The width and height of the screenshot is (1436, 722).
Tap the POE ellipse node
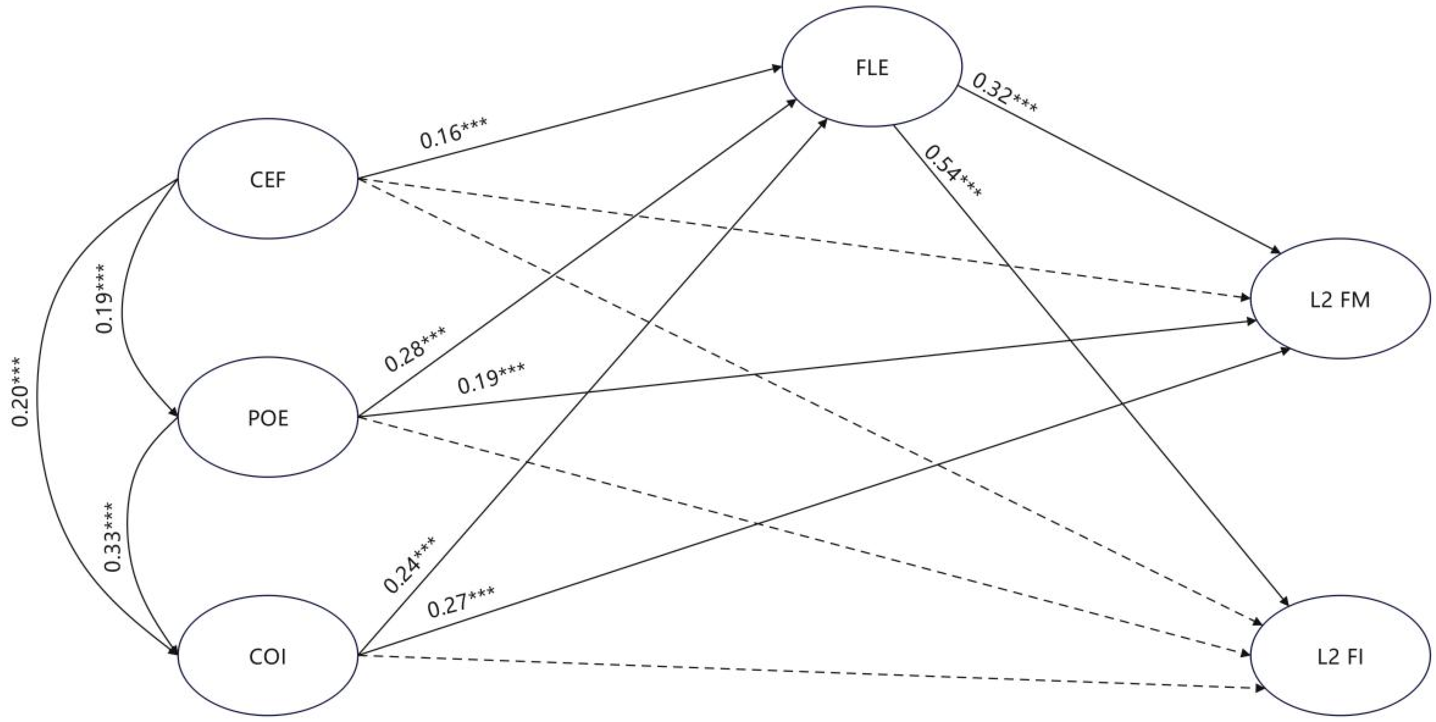tap(268, 418)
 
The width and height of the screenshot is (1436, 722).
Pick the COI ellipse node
tap(268, 657)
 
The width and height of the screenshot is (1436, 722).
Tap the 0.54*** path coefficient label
tap(953, 171)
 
